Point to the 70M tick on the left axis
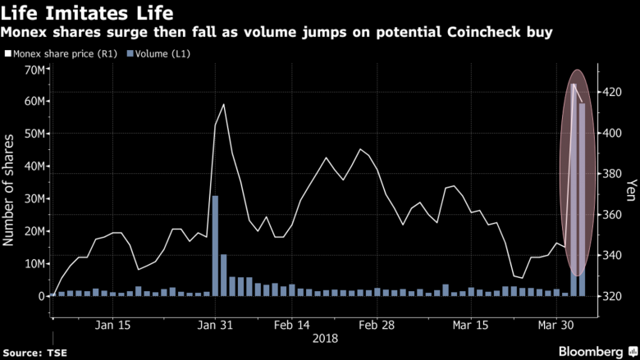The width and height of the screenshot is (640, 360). pos(34,70)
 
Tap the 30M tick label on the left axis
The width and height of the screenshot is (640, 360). pos(34,199)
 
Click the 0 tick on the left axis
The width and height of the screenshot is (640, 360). pos(41,296)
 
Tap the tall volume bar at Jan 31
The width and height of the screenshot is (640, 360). pos(215,246)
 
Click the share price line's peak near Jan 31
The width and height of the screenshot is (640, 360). pos(223,105)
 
